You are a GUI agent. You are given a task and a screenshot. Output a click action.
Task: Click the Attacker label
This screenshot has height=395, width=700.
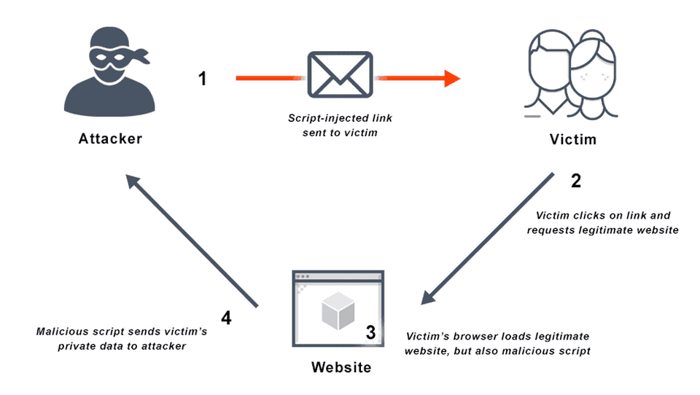tap(110, 138)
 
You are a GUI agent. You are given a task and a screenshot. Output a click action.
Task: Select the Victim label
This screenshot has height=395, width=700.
tap(572, 138)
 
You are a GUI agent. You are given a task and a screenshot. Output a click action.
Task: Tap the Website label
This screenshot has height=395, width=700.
tap(341, 367)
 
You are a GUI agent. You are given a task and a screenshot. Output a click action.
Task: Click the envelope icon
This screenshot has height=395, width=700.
tap(341, 75)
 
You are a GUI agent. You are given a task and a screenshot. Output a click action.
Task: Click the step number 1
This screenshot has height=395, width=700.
tap(203, 79)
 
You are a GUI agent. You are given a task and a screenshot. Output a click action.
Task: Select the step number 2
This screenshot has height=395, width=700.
tap(575, 181)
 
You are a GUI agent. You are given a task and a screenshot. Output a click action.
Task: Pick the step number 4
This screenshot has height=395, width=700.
tap(226, 318)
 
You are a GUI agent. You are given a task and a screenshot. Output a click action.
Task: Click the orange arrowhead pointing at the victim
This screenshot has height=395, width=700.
tap(452, 78)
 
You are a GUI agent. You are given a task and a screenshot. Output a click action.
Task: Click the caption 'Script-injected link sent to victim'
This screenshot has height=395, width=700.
tap(340, 125)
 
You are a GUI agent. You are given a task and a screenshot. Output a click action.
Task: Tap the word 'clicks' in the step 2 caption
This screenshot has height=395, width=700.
tap(591, 216)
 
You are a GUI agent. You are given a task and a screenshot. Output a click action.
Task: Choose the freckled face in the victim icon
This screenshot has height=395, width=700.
tap(593, 74)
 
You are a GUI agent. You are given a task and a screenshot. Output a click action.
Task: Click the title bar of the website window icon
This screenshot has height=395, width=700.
tap(338, 277)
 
